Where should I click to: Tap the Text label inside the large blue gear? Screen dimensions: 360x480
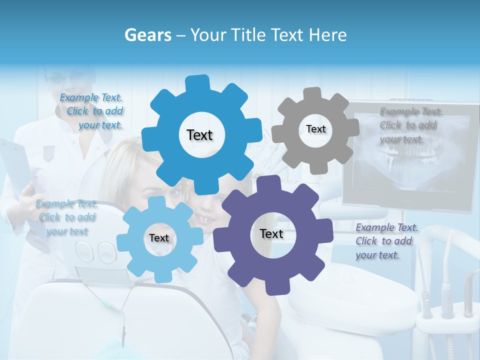199,135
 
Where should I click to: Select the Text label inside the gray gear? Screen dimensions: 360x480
315,129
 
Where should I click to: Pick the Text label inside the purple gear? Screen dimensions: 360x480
271,234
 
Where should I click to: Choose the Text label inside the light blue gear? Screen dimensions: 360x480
159,238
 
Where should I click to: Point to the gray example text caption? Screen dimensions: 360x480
410,125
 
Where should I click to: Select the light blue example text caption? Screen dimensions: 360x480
66,217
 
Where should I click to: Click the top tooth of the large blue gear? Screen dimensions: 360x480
198,83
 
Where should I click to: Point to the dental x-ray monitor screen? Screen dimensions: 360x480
410,155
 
